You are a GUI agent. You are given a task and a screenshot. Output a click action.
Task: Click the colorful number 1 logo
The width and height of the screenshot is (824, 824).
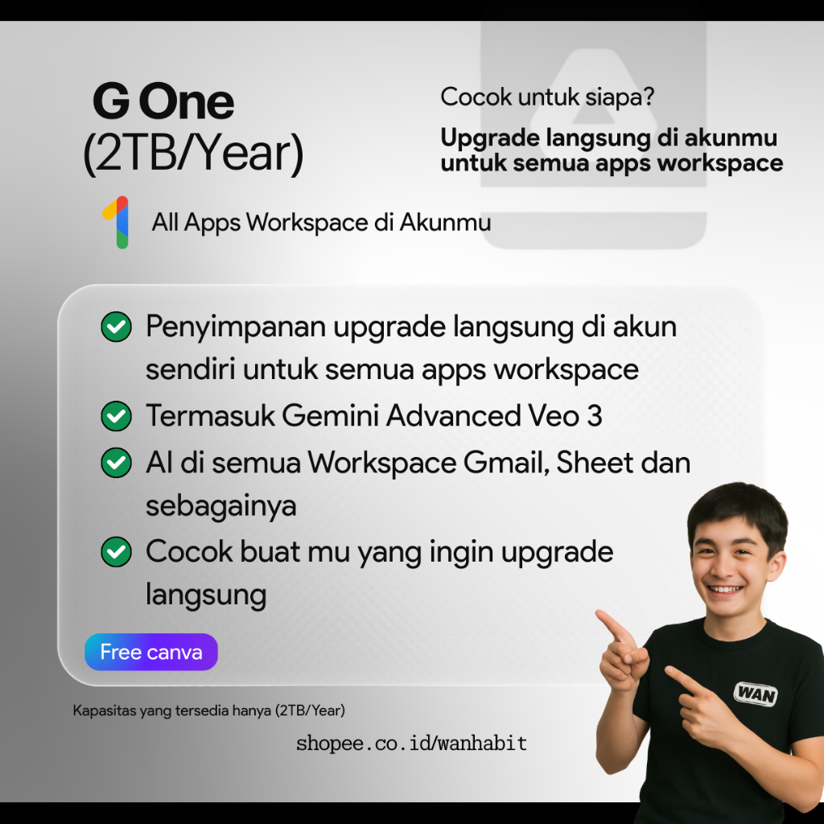click(x=116, y=222)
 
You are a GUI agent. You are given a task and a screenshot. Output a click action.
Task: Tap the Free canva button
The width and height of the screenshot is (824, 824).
click(x=151, y=652)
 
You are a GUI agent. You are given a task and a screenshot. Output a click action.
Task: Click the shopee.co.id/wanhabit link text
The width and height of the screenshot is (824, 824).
click(x=411, y=743)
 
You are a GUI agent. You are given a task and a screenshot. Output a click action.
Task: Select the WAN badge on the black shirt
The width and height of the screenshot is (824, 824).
click(x=755, y=694)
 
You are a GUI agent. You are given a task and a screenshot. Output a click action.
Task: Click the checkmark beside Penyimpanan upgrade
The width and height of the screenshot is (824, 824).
click(x=116, y=327)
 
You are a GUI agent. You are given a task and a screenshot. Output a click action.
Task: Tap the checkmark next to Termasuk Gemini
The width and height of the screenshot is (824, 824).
click(x=116, y=416)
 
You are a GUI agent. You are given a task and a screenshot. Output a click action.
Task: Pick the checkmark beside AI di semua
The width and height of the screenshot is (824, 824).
click(x=116, y=463)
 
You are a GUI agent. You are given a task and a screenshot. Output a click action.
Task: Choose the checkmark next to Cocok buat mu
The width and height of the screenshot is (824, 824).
click(x=116, y=552)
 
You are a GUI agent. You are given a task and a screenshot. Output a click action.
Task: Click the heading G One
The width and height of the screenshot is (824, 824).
click(x=163, y=101)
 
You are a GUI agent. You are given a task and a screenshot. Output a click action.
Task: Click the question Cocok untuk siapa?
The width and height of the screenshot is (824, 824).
click(x=547, y=97)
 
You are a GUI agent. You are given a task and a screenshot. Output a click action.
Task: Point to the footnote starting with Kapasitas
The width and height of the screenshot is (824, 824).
click(x=209, y=711)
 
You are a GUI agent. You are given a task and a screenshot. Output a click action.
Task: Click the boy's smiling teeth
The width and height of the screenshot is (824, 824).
click(x=725, y=589)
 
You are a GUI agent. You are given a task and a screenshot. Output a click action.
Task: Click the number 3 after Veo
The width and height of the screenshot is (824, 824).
click(x=595, y=416)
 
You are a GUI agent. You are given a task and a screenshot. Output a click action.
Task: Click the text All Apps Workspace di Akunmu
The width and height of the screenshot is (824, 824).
click(x=322, y=222)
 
